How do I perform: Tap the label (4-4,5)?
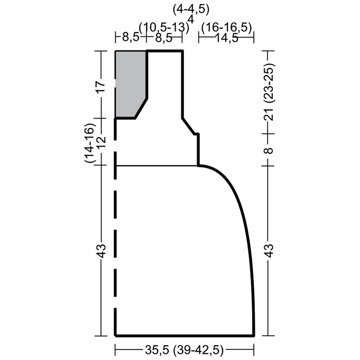tap(191, 10)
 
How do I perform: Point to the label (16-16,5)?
tap(227, 28)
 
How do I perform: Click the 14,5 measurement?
tap(227, 38)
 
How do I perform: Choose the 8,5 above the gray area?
tap(131, 37)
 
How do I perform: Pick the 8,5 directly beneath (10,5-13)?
tap(164, 38)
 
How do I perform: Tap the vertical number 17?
tap(101, 86)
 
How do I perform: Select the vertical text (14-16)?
tap(90, 143)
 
